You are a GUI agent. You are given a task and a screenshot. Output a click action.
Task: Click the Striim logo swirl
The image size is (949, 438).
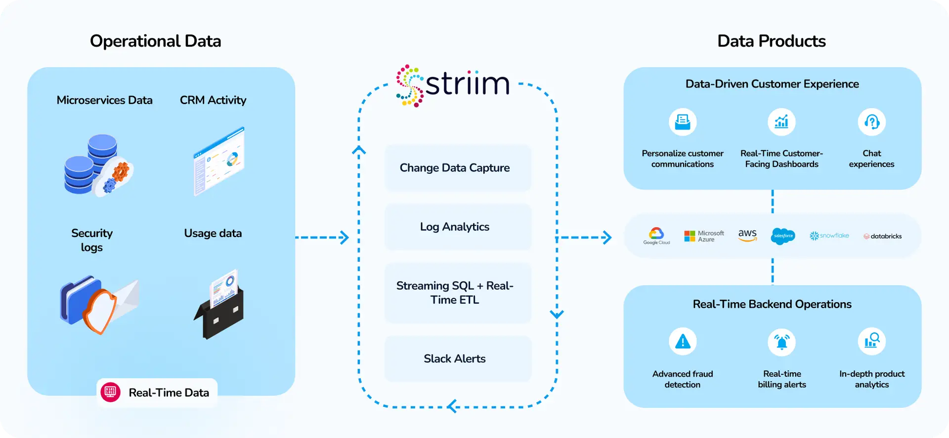point(410,85)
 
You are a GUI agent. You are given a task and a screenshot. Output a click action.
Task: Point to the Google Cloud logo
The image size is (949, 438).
point(656,236)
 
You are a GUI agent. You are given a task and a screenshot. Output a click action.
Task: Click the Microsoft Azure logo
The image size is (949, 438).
point(704,236)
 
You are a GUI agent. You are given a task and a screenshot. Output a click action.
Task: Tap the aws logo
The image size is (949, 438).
point(747,236)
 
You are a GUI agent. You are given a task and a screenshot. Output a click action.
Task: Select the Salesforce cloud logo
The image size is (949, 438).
point(783,236)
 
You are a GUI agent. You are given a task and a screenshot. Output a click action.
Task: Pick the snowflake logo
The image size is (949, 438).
point(829,236)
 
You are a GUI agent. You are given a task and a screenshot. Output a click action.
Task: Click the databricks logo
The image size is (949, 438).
point(883,237)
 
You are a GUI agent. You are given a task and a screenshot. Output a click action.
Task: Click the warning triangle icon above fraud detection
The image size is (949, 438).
point(683,341)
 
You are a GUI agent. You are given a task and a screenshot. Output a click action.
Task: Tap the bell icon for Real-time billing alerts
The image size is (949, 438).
point(781,342)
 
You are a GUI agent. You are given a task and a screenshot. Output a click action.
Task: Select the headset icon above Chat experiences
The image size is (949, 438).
point(871,122)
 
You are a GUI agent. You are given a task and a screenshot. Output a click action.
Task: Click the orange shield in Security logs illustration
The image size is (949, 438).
point(99,310)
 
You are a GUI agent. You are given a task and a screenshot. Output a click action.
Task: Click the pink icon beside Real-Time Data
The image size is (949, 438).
point(110,393)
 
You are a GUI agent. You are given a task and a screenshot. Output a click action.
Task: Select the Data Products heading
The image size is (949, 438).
point(771,41)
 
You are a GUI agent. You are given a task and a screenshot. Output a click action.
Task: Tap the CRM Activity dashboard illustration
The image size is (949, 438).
point(219,161)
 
